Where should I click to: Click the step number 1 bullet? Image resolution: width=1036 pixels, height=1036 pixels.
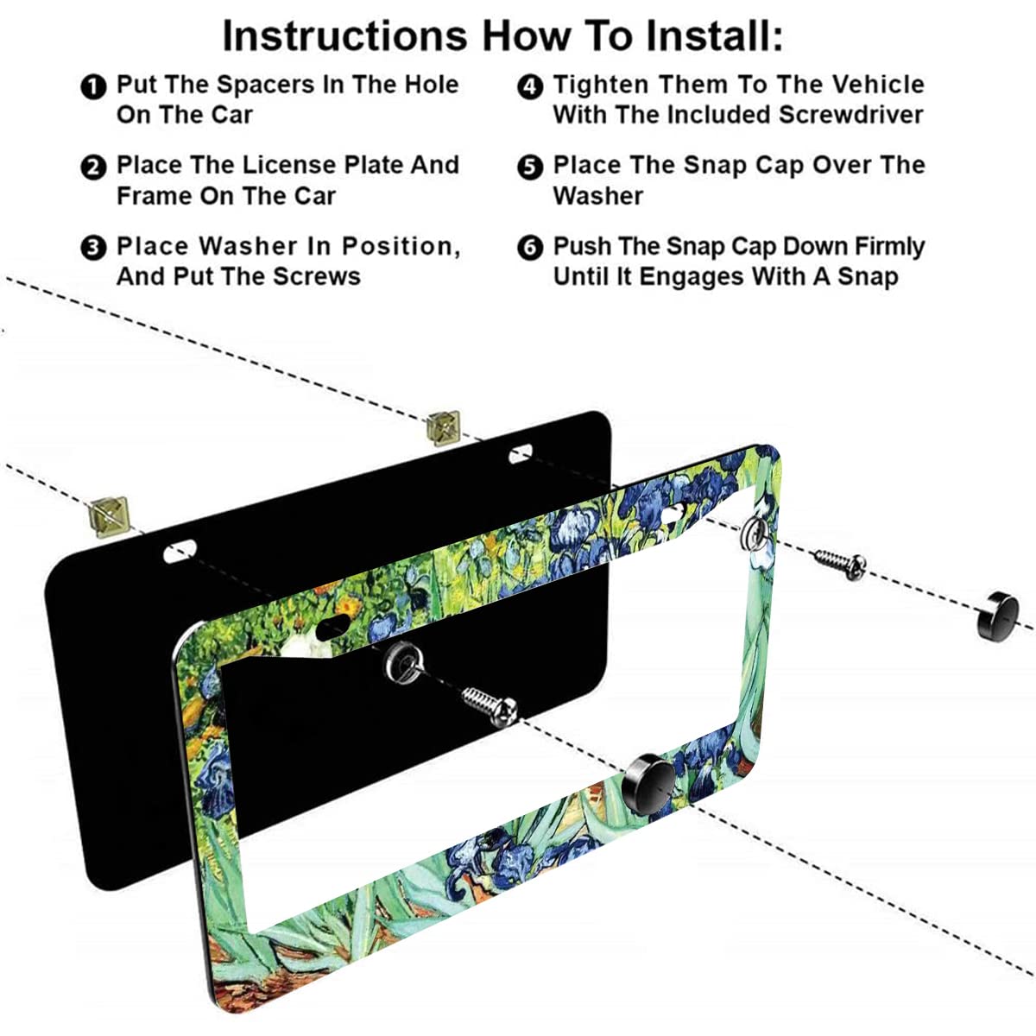point(93,86)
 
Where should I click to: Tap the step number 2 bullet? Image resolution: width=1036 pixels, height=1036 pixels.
point(93,167)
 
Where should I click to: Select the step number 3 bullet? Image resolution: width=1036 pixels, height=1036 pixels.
point(93,248)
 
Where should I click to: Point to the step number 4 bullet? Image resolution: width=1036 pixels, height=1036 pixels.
point(530,86)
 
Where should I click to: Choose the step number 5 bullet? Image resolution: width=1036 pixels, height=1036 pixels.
point(530,167)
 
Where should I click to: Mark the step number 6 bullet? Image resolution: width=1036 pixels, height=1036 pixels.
point(530,248)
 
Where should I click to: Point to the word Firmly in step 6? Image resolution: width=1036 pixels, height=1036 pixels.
point(889,246)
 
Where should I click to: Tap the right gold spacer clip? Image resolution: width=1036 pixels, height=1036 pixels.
point(443,425)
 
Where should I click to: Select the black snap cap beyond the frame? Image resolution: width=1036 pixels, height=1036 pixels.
point(996,614)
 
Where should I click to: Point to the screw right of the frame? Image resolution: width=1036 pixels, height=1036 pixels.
point(838,564)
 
